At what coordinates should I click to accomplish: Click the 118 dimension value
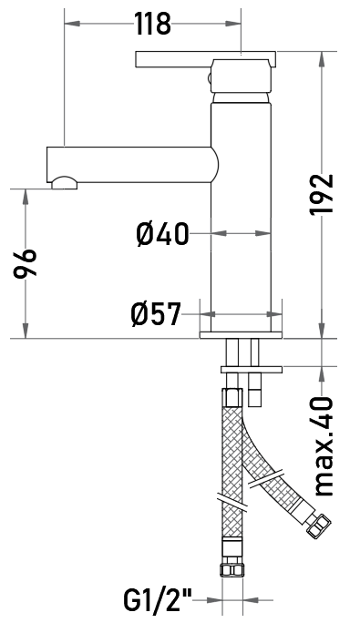(x=152, y=24)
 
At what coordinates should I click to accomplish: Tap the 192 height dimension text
(x=322, y=195)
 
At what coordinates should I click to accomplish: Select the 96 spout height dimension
(x=25, y=264)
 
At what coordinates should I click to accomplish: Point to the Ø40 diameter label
(x=162, y=234)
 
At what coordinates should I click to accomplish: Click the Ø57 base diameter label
(x=156, y=314)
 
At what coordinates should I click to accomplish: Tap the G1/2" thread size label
(x=158, y=600)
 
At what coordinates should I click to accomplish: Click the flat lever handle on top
(x=205, y=59)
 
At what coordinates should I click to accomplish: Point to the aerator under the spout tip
(x=64, y=183)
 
